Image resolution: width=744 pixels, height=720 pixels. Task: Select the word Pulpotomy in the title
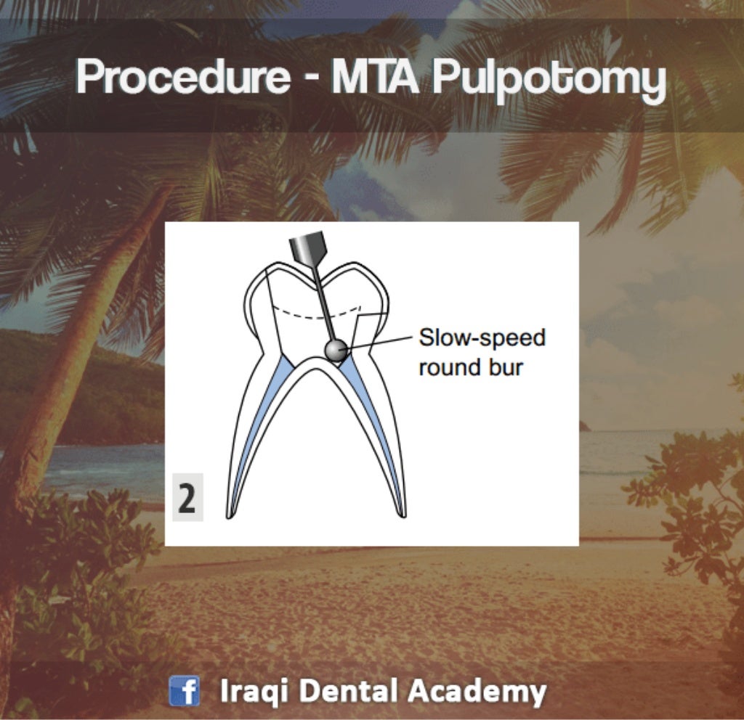point(549,79)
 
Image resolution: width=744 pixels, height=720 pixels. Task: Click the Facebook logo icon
point(185,690)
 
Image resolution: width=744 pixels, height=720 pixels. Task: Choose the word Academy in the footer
point(477,691)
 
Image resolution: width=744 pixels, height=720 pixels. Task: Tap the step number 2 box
point(187,501)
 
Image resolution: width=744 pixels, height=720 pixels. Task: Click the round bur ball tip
point(335,351)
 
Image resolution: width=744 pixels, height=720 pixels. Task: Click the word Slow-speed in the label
point(482,338)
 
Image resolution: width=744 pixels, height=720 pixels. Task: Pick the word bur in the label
point(507,367)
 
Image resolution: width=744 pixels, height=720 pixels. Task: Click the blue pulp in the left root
point(258,421)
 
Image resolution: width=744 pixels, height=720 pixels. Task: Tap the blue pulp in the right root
point(378,421)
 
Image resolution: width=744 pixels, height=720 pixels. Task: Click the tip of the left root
point(230,515)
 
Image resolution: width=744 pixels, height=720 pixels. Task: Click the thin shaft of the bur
point(323,305)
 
